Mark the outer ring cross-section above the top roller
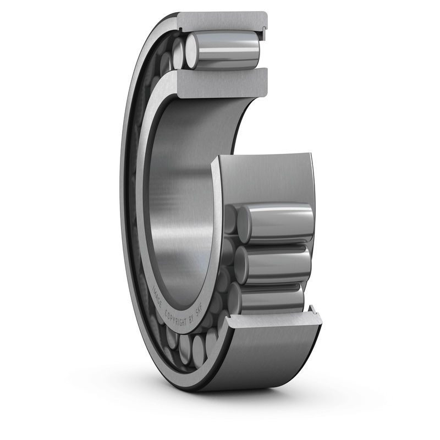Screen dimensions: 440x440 pos(220,21)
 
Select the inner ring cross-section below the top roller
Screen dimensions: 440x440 pos(220,82)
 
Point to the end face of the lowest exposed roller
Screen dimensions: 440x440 pos(235,298)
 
